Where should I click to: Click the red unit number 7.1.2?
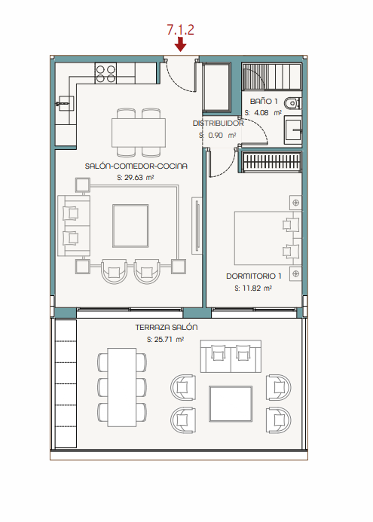pos(180,30)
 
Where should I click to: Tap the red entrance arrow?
pos(180,44)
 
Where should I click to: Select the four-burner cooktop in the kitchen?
pos(105,73)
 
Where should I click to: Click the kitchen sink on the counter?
pos(64,103)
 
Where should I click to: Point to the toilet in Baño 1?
pos(292,103)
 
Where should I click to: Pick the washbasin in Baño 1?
pos(292,131)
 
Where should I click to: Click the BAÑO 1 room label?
pos(264,101)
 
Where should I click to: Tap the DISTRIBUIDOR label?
pos(218,124)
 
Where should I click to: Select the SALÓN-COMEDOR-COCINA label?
pos(136,166)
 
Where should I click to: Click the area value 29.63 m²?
pos(136,178)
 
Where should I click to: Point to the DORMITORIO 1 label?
pos(254,276)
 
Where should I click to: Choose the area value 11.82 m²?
pos(253,288)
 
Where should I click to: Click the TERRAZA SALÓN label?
pos(167,327)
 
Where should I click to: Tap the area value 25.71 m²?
pos(165,339)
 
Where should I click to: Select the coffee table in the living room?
pos(130,226)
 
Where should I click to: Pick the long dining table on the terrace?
pos(122,387)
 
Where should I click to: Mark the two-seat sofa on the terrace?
pos(231,356)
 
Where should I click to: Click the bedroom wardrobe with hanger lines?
pos(272,162)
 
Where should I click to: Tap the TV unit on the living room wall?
pos(197,226)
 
